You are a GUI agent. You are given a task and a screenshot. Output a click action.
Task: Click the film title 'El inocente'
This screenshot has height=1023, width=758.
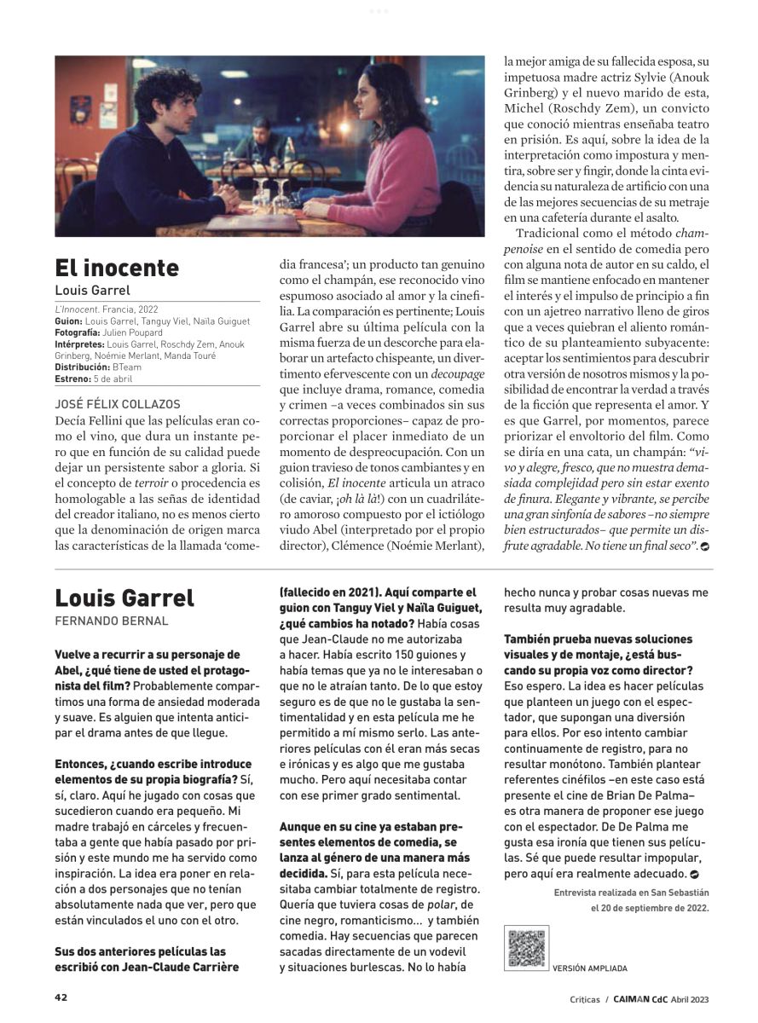117,267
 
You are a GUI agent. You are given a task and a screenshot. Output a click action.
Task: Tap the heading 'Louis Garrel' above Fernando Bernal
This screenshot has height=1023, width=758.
124,597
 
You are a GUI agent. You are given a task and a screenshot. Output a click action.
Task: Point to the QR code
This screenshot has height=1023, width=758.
526,948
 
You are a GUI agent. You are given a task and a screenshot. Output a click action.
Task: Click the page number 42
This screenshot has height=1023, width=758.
61,997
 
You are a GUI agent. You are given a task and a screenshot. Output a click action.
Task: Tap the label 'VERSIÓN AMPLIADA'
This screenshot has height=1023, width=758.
589,968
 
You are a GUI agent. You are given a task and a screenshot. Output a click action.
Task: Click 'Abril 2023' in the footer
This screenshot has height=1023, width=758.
690,999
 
